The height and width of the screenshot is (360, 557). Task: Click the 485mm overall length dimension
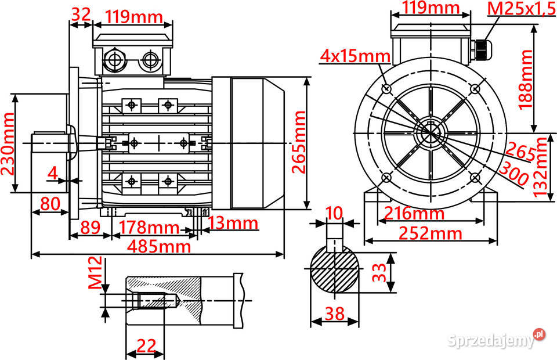point(158,246)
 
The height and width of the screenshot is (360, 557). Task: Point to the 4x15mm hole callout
point(355,56)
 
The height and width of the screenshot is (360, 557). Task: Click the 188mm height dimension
point(525,79)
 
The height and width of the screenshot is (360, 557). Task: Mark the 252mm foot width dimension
point(431,233)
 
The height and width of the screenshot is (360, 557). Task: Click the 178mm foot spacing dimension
point(150,226)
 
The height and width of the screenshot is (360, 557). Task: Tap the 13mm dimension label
point(233,222)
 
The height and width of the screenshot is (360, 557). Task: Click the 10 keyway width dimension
point(334,213)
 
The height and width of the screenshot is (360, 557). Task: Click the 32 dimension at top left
point(81,15)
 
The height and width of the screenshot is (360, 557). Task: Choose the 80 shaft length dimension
point(50,204)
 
